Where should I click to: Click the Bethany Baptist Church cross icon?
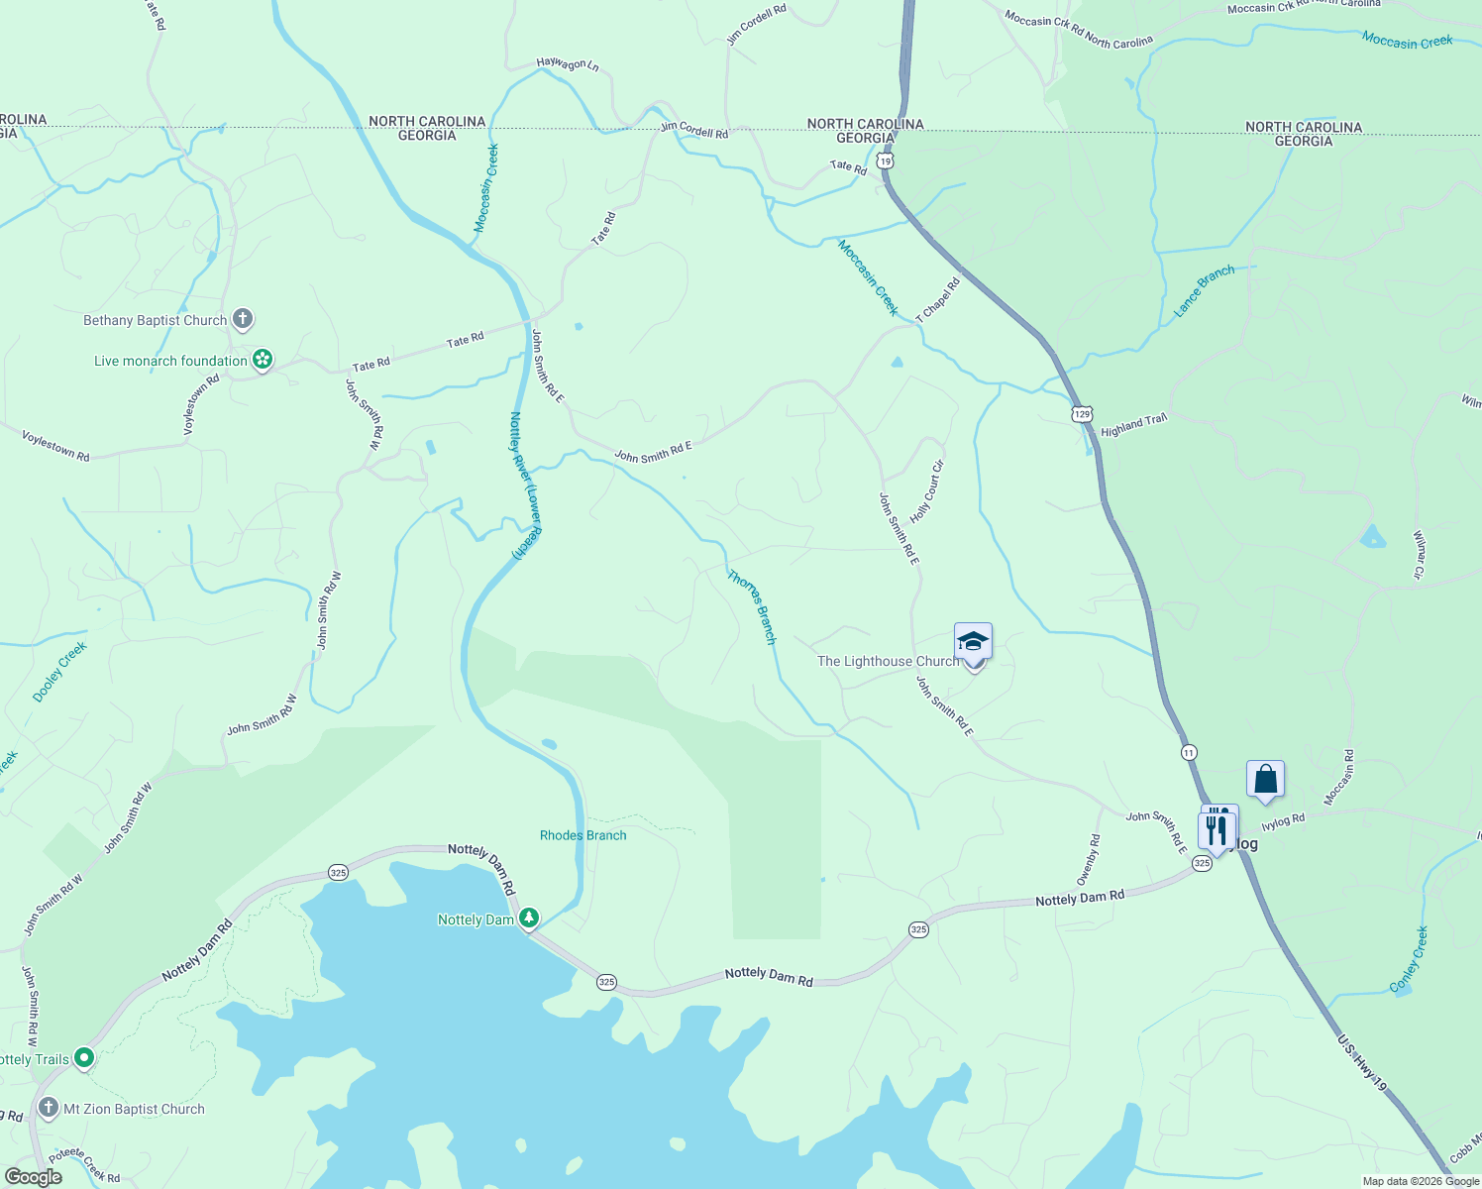(x=243, y=319)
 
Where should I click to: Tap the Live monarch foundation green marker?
(x=263, y=360)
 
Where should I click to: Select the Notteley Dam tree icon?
(x=530, y=919)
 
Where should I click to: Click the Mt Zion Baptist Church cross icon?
(x=49, y=1108)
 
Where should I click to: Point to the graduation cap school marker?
(x=973, y=643)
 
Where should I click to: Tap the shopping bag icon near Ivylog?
(x=1265, y=780)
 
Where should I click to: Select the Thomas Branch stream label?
(x=752, y=606)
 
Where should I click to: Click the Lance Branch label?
(x=1205, y=290)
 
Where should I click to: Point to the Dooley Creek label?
(x=60, y=672)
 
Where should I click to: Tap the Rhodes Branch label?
(x=582, y=835)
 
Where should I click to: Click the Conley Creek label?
(x=1409, y=959)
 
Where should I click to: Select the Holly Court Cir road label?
(x=927, y=492)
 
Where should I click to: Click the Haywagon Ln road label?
(x=568, y=64)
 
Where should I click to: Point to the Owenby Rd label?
(x=1088, y=861)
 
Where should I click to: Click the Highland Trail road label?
(x=1134, y=425)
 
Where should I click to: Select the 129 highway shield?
(x=1082, y=413)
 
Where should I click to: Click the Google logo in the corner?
(x=33, y=1177)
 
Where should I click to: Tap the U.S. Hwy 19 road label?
(x=1362, y=1063)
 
